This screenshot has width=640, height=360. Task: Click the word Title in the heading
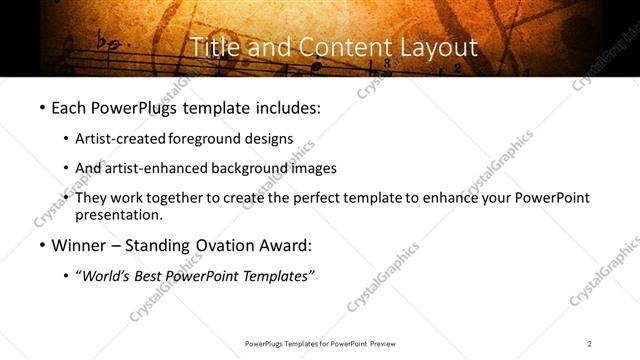(212, 46)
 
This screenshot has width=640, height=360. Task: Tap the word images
(314, 168)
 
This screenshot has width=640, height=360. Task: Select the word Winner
(79, 245)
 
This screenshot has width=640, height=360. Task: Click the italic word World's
(106, 276)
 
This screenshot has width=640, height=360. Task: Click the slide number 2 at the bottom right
(590, 344)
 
